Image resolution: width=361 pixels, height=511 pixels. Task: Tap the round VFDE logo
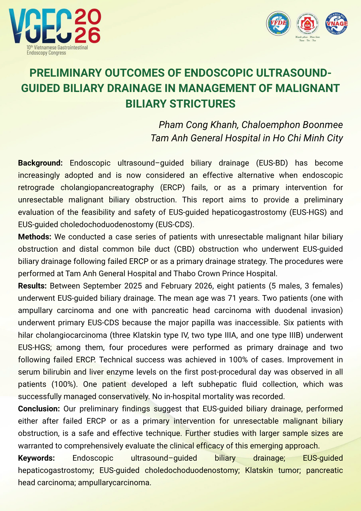tap(279, 23)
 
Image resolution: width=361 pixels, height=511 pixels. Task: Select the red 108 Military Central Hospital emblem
tap(307, 24)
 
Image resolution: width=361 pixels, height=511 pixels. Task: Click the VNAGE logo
tap(336, 23)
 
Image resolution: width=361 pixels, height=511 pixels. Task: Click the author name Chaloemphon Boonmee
tap(292, 125)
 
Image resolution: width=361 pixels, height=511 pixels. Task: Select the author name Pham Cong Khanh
tap(198, 125)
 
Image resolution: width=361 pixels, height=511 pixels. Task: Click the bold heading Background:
tap(40, 163)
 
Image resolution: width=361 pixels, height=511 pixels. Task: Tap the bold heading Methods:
tap(35, 237)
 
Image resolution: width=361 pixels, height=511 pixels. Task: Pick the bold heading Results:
tap(32, 286)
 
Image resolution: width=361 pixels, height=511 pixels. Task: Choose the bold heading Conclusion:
tap(39, 409)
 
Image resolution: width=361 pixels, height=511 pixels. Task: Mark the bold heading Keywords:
tap(37, 458)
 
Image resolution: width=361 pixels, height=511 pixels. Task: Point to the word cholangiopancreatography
tap(107, 188)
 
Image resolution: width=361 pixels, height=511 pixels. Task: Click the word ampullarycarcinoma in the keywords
tap(114, 483)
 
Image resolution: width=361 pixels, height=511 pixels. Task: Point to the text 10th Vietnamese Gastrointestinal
tap(57, 48)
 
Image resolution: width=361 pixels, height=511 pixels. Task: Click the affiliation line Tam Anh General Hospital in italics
tap(247, 138)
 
